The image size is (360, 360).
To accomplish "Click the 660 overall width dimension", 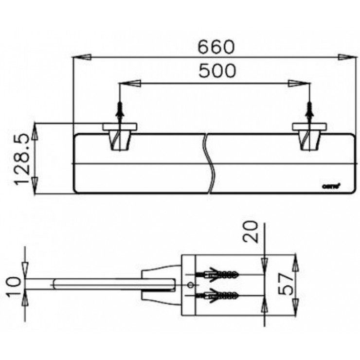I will [x=216, y=47].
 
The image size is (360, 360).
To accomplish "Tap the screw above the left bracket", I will [x=120, y=113].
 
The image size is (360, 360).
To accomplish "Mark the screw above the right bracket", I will [x=309, y=113].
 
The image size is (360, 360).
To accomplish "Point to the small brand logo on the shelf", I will [x=331, y=184].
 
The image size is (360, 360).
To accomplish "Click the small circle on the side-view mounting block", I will [x=190, y=284].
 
